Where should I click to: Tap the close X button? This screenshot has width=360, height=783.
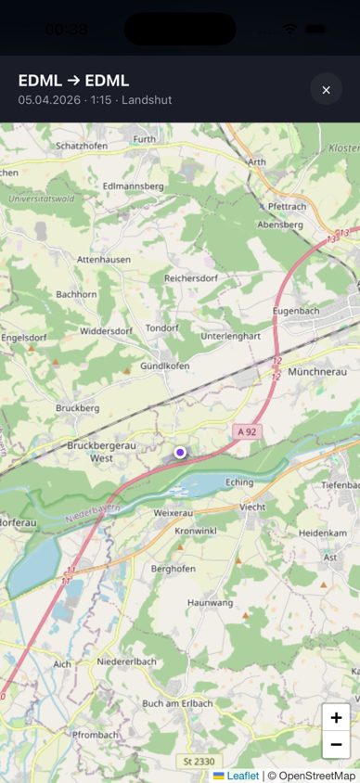pyautogui.click(x=326, y=90)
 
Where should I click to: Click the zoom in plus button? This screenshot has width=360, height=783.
pyautogui.click(x=336, y=717)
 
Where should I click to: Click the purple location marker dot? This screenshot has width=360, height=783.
pyautogui.click(x=180, y=452)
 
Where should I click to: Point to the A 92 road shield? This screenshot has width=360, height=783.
pyautogui.click(x=246, y=431)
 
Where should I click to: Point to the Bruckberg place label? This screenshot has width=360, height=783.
pyautogui.click(x=77, y=407)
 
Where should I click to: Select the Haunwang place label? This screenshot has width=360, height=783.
pyautogui.click(x=210, y=603)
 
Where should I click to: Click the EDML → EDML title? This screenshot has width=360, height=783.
pyautogui.click(x=73, y=81)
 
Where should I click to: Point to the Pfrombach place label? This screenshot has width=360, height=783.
pyautogui.click(x=95, y=735)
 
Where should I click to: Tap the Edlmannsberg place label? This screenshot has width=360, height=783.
pyautogui.click(x=133, y=186)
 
